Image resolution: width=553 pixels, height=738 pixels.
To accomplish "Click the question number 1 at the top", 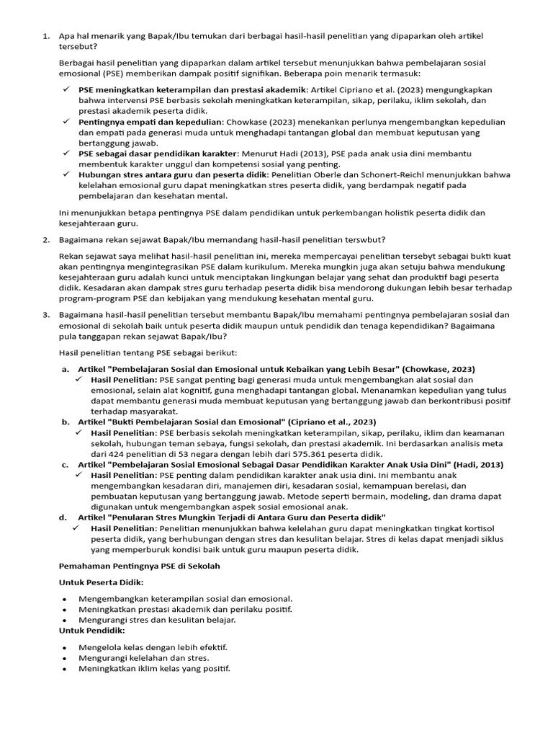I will pos(45,36).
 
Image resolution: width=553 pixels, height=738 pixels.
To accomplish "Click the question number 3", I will pos(45,315).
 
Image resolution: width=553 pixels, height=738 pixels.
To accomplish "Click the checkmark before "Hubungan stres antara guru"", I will pos(66,175).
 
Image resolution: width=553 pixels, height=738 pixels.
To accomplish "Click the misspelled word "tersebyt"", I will pos(381,256).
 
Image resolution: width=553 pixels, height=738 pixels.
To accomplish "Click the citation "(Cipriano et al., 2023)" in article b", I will pos(321,422).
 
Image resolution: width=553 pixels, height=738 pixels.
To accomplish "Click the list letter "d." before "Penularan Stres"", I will pos(65,517).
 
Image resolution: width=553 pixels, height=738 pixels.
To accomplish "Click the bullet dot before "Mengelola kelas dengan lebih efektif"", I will pos(65,648).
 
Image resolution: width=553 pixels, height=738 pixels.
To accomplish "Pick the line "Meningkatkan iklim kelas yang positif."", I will pos(154,669).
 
